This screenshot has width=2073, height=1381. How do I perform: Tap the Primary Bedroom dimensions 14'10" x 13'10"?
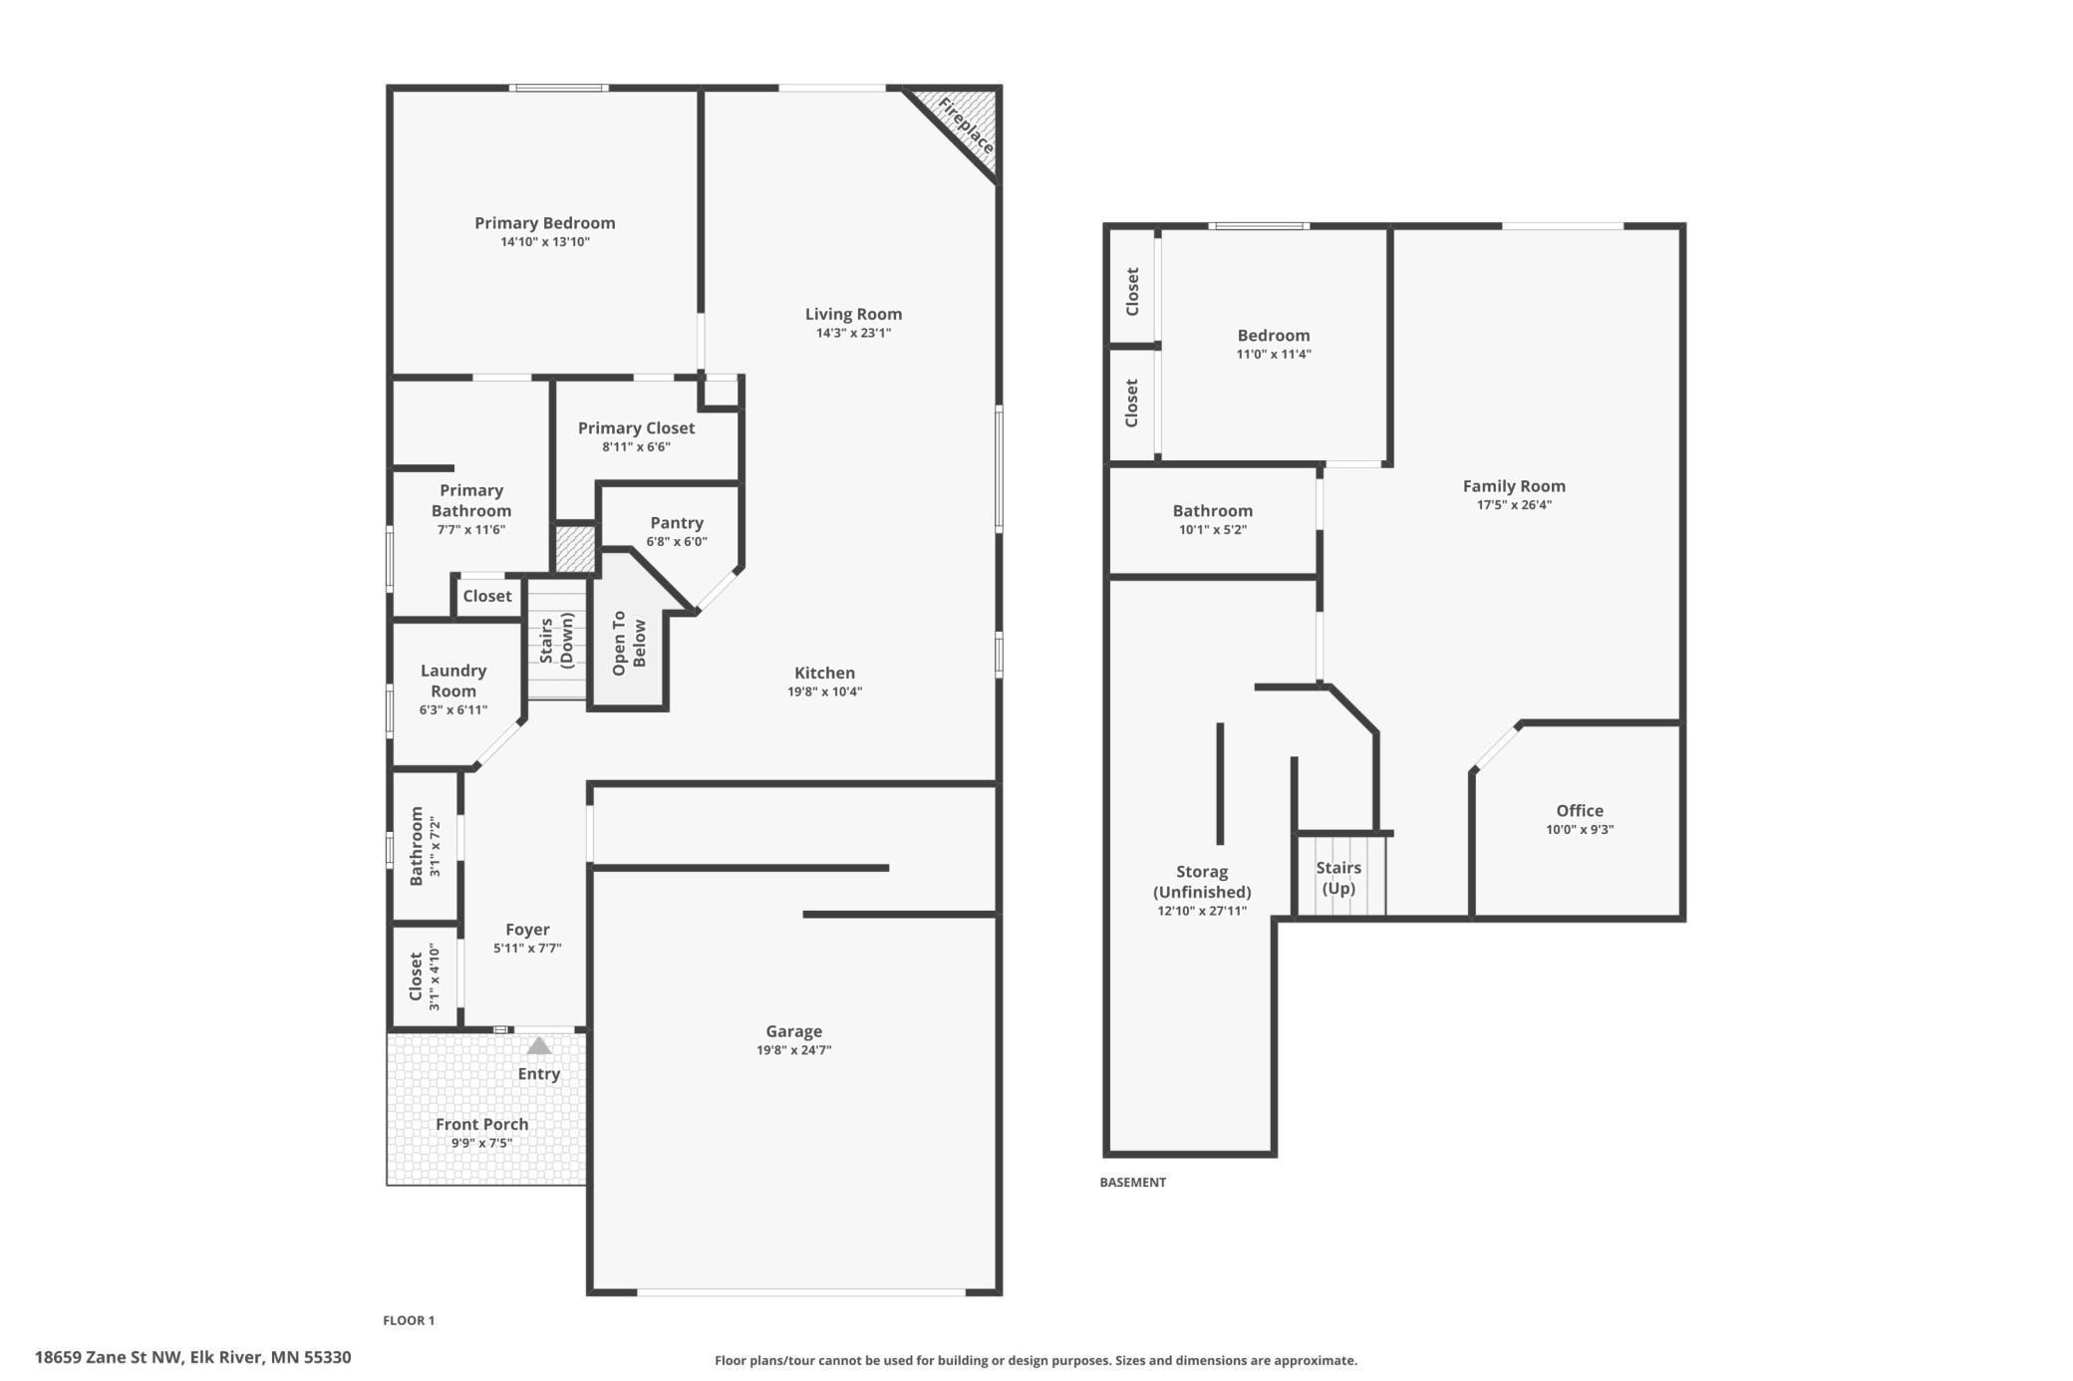pyautogui.click(x=545, y=242)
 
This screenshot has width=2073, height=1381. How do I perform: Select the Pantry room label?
pyautogui.click(x=677, y=523)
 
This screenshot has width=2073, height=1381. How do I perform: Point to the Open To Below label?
pyautogui.click(x=629, y=643)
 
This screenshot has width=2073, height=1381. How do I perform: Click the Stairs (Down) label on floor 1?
pyautogui.click(x=556, y=641)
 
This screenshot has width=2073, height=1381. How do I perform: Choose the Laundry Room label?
pyautogui.click(x=453, y=681)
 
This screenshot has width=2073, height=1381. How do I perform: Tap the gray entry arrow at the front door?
pyautogui.click(x=539, y=1045)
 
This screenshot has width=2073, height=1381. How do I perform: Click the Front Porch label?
pyautogui.click(x=482, y=1124)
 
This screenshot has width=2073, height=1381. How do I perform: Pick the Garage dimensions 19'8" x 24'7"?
pyautogui.click(x=794, y=1050)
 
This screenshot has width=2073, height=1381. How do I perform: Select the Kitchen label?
pyautogui.click(x=825, y=673)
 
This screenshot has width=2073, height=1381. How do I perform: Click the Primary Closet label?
pyautogui.click(x=637, y=428)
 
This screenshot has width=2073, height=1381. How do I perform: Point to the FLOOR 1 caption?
pyautogui.click(x=409, y=1320)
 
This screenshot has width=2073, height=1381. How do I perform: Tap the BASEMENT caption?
pyautogui.click(x=1133, y=1182)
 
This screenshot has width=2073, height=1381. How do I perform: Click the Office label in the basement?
pyautogui.click(x=1580, y=811)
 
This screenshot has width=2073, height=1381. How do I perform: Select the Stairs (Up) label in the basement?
pyautogui.click(x=1338, y=878)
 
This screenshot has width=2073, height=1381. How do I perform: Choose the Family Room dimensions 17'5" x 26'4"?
pyautogui.click(x=1514, y=505)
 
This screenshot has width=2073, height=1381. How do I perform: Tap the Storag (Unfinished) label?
pyautogui.click(x=1202, y=882)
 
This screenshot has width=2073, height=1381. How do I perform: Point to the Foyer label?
pyautogui.click(x=527, y=930)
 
